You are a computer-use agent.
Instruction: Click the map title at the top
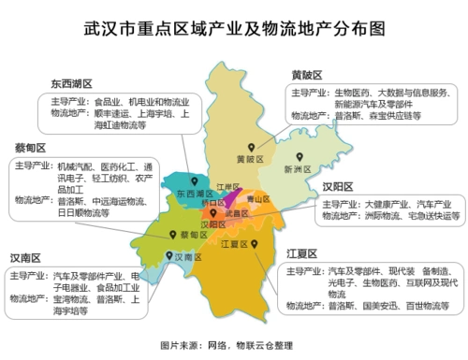[x=233, y=27]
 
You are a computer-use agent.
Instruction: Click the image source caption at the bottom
[x=234, y=344]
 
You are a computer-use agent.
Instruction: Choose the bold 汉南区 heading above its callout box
[x=29, y=257]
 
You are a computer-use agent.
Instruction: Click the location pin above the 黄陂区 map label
[x=251, y=147]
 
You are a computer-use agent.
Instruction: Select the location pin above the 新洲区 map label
[x=300, y=156]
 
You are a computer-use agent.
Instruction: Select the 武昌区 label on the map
[x=238, y=213]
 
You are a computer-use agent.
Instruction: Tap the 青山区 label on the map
[x=254, y=199]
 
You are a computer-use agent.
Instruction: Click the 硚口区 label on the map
[x=213, y=201]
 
